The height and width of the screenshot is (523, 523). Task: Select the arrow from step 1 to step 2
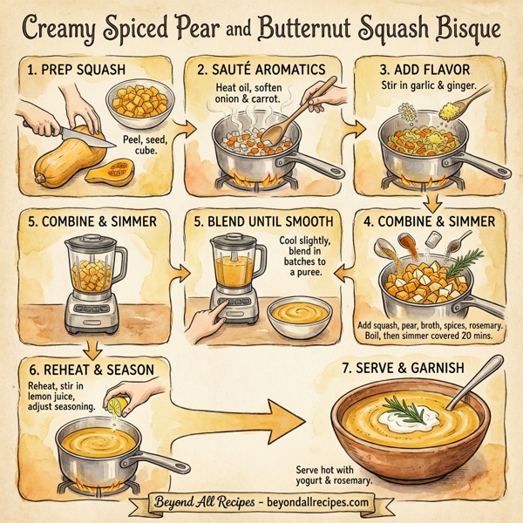tap(184, 128)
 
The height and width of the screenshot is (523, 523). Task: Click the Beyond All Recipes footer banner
tap(261, 503)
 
